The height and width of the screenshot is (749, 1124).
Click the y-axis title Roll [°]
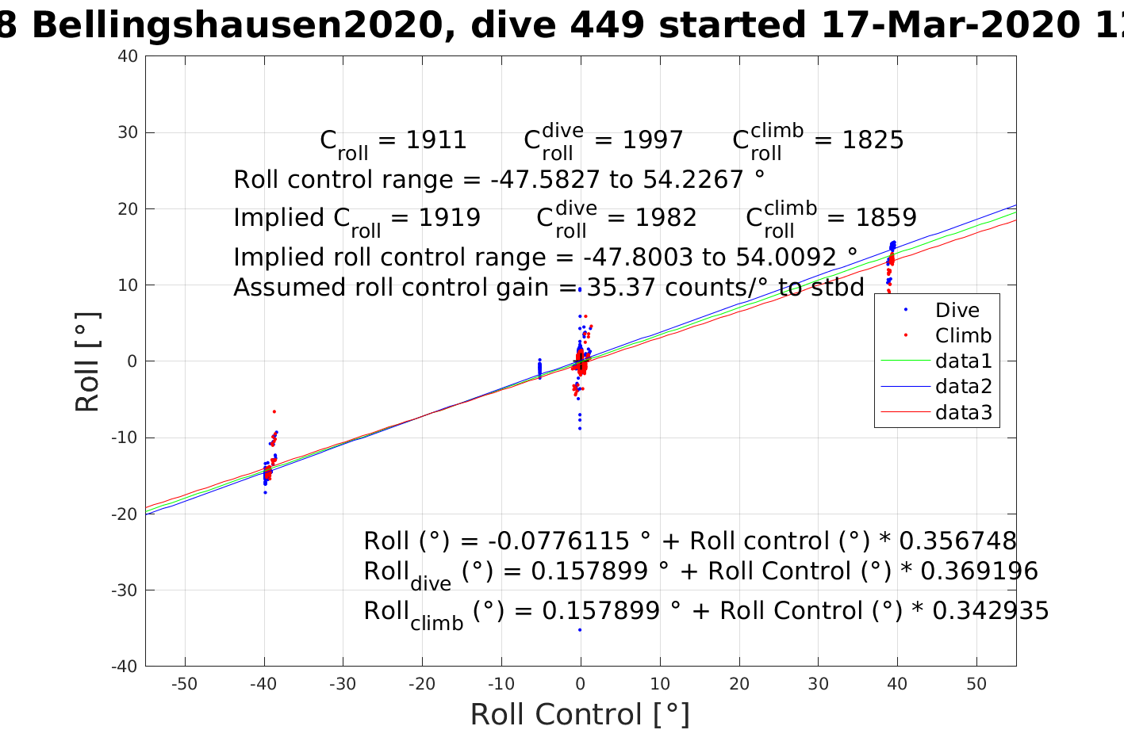coord(87,361)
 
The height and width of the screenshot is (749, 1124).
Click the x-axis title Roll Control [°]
coord(580,714)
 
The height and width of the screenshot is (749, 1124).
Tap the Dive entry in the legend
coord(957,310)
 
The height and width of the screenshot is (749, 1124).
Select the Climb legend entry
coord(963,335)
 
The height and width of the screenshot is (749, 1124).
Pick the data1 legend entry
coord(963,361)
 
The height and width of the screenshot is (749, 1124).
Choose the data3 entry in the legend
coord(963,412)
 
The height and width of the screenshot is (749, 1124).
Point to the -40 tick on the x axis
coord(263,684)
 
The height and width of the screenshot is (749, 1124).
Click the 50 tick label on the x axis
coord(976,684)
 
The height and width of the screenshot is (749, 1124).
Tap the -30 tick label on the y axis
coord(125,590)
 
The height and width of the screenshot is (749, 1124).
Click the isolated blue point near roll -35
coord(580,629)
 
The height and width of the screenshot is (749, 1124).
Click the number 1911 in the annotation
coord(435,140)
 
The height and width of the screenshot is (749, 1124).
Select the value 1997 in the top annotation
coord(652,140)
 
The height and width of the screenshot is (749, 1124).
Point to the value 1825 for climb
coord(873,140)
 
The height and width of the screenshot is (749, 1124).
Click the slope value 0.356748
coord(957,541)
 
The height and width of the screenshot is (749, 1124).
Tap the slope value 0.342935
coord(990,611)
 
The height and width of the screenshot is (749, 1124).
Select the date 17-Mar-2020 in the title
coord(948,25)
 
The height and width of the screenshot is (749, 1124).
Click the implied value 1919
coord(449,218)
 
